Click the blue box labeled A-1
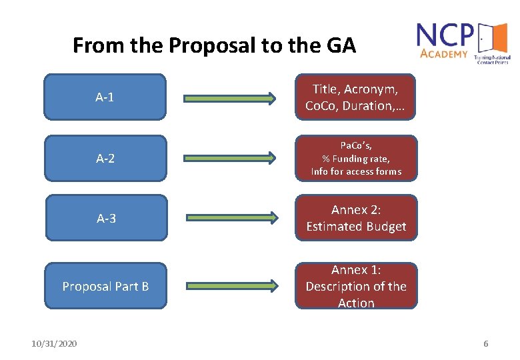tap(105, 97)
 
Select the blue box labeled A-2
tap(105, 159)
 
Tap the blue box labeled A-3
tap(105, 218)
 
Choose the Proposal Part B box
tap(105, 286)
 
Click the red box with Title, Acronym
tap(356, 97)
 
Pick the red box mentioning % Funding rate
tap(356, 159)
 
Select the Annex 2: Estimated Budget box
tap(356, 218)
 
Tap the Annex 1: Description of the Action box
tap(356, 286)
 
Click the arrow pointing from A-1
tap(230, 99)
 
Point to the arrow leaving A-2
tap(230, 159)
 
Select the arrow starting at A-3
tap(230, 218)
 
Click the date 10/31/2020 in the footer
tap(54, 343)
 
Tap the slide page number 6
tap(485, 343)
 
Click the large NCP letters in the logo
tap(445, 35)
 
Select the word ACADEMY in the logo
tap(444, 53)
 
